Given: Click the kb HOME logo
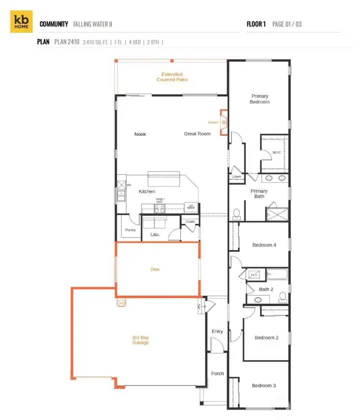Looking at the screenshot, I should [x=21, y=21].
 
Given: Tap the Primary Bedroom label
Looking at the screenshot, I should [x=259, y=99].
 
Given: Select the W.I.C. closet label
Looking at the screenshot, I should [x=277, y=152].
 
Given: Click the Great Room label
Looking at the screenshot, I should [x=197, y=134].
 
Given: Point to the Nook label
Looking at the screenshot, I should [x=140, y=134].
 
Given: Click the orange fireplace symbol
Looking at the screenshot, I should [x=224, y=122].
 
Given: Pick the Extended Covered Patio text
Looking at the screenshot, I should [x=172, y=77].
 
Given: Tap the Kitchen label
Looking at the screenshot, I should [x=146, y=191].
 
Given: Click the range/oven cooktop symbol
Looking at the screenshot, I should [x=160, y=209].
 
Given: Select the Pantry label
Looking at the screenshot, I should [x=130, y=230].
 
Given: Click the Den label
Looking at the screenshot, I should [x=155, y=270].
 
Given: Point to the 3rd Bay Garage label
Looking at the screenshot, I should [x=140, y=340].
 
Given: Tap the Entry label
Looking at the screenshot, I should [x=217, y=332].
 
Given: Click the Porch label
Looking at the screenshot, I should [x=217, y=374].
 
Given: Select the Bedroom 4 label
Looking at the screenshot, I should [x=264, y=245].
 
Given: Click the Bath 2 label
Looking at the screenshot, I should [x=266, y=289].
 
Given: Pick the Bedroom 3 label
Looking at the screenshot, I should [x=263, y=386].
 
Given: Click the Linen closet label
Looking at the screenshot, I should [x=237, y=177].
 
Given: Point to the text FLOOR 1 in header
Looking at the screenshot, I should [x=256, y=24].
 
